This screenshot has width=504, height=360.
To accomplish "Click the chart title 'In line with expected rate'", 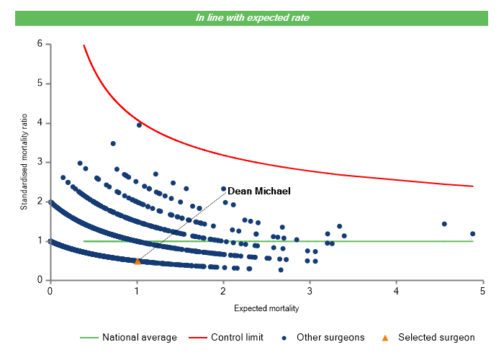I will click(x=253, y=17).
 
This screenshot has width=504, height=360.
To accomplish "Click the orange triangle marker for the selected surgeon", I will click(x=138, y=261).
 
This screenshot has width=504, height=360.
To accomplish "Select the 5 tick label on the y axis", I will click(x=40, y=84).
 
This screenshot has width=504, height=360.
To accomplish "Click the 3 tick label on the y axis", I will click(x=40, y=162).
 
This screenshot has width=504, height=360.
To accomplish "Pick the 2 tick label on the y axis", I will click(x=40, y=202).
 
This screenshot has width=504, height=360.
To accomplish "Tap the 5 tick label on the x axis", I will click(x=482, y=291).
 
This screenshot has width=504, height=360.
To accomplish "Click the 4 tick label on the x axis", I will click(x=396, y=291).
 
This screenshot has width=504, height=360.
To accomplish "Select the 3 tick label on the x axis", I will click(x=310, y=291).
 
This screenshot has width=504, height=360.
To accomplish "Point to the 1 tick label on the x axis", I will click(x=137, y=291).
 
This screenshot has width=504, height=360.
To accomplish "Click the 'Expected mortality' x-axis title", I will click(x=266, y=308).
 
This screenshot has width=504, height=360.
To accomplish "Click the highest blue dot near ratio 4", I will click(x=139, y=125).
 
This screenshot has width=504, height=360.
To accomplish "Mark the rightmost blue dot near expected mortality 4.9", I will click(x=472, y=233).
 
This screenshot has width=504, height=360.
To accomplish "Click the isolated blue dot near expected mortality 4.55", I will click(x=444, y=224).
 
